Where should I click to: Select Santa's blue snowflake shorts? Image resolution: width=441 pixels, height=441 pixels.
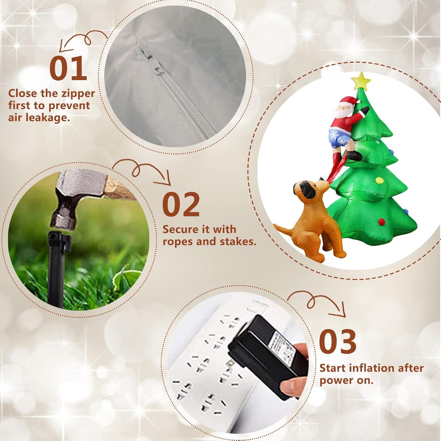tap(338, 136)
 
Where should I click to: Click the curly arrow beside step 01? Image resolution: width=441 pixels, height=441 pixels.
tap(79, 41)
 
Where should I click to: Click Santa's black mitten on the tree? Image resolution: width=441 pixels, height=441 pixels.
tap(365, 111)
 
